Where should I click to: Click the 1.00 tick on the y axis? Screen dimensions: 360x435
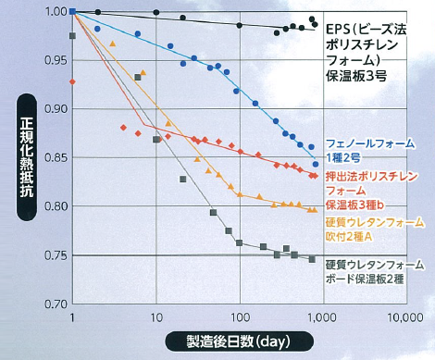click(54, 11)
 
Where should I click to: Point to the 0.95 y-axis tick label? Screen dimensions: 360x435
click(54, 60)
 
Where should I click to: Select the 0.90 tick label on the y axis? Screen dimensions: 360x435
click(54, 109)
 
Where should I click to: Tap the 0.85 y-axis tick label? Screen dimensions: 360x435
click(54, 157)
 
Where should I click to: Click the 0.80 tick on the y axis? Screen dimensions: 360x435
click(54, 206)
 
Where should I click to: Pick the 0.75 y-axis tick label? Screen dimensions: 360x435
click(54, 254)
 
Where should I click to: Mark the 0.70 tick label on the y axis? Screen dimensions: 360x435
click(54, 303)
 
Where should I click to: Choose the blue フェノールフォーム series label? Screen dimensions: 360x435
click(369, 151)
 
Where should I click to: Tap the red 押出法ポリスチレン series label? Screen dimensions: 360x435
click(369, 190)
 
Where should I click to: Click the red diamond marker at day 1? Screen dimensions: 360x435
click(71, 81)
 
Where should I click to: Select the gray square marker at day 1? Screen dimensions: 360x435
click(72, 36)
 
